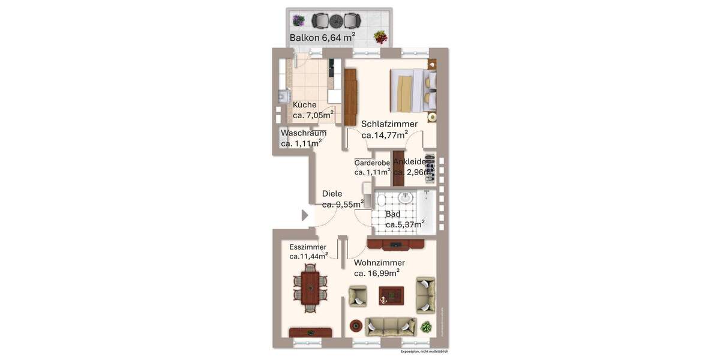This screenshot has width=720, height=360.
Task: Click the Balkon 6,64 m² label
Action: (322, 38)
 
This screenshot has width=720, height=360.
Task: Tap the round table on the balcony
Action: (335, 20)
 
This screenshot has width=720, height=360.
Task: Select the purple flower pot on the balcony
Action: (298, 20)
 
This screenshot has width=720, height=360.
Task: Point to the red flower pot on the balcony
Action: (380, 37)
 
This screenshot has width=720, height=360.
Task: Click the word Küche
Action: (305, 104)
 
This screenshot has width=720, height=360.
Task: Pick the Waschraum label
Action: (303, 133)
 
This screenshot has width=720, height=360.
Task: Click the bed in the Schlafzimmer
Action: (413, 90)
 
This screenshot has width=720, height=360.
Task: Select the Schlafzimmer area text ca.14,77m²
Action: (385, 135)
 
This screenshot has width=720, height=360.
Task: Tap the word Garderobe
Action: (373, 163)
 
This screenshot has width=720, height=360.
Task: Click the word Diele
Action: (332, 193)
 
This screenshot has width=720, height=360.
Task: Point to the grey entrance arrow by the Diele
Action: (304, 215)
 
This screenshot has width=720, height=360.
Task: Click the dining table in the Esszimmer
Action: (310, 287)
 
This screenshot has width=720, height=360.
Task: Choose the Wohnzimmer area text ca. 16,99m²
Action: (377, 273)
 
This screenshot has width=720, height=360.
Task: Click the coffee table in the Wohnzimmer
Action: (391, 295)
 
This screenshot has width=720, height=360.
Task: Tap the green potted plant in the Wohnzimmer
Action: (426, 327)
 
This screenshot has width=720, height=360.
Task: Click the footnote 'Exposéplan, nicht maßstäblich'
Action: (424, 352)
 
